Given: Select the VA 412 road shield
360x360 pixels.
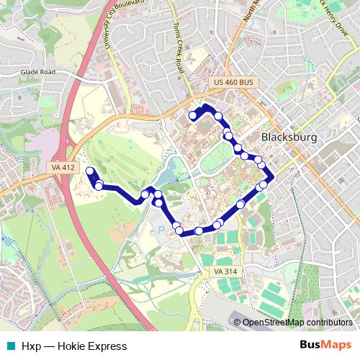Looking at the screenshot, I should [x=63, y=168].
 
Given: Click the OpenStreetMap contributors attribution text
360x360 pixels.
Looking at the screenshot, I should [x=297, y=323].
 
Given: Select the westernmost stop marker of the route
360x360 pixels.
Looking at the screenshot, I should [x=90, y=171].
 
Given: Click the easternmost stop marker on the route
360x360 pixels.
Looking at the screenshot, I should [x=264, y=184].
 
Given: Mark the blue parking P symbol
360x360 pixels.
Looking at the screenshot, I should [x=161, y=230].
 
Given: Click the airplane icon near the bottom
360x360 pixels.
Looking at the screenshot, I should [x=238, y=322].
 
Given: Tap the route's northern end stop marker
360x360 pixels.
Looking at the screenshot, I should [x=193, y=115].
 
